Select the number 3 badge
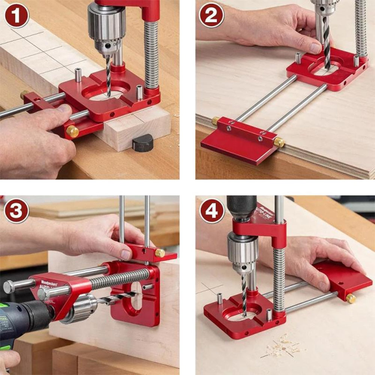click(x=16, y=211)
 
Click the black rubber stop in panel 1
click(x=143, y=142)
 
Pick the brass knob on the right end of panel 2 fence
click(x=279, y=142)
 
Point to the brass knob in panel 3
click(x=160, y=253)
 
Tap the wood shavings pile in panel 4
click(x=283, y=347)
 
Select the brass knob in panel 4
click(x=351, y=298)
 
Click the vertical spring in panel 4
click(x=279, y=277)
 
